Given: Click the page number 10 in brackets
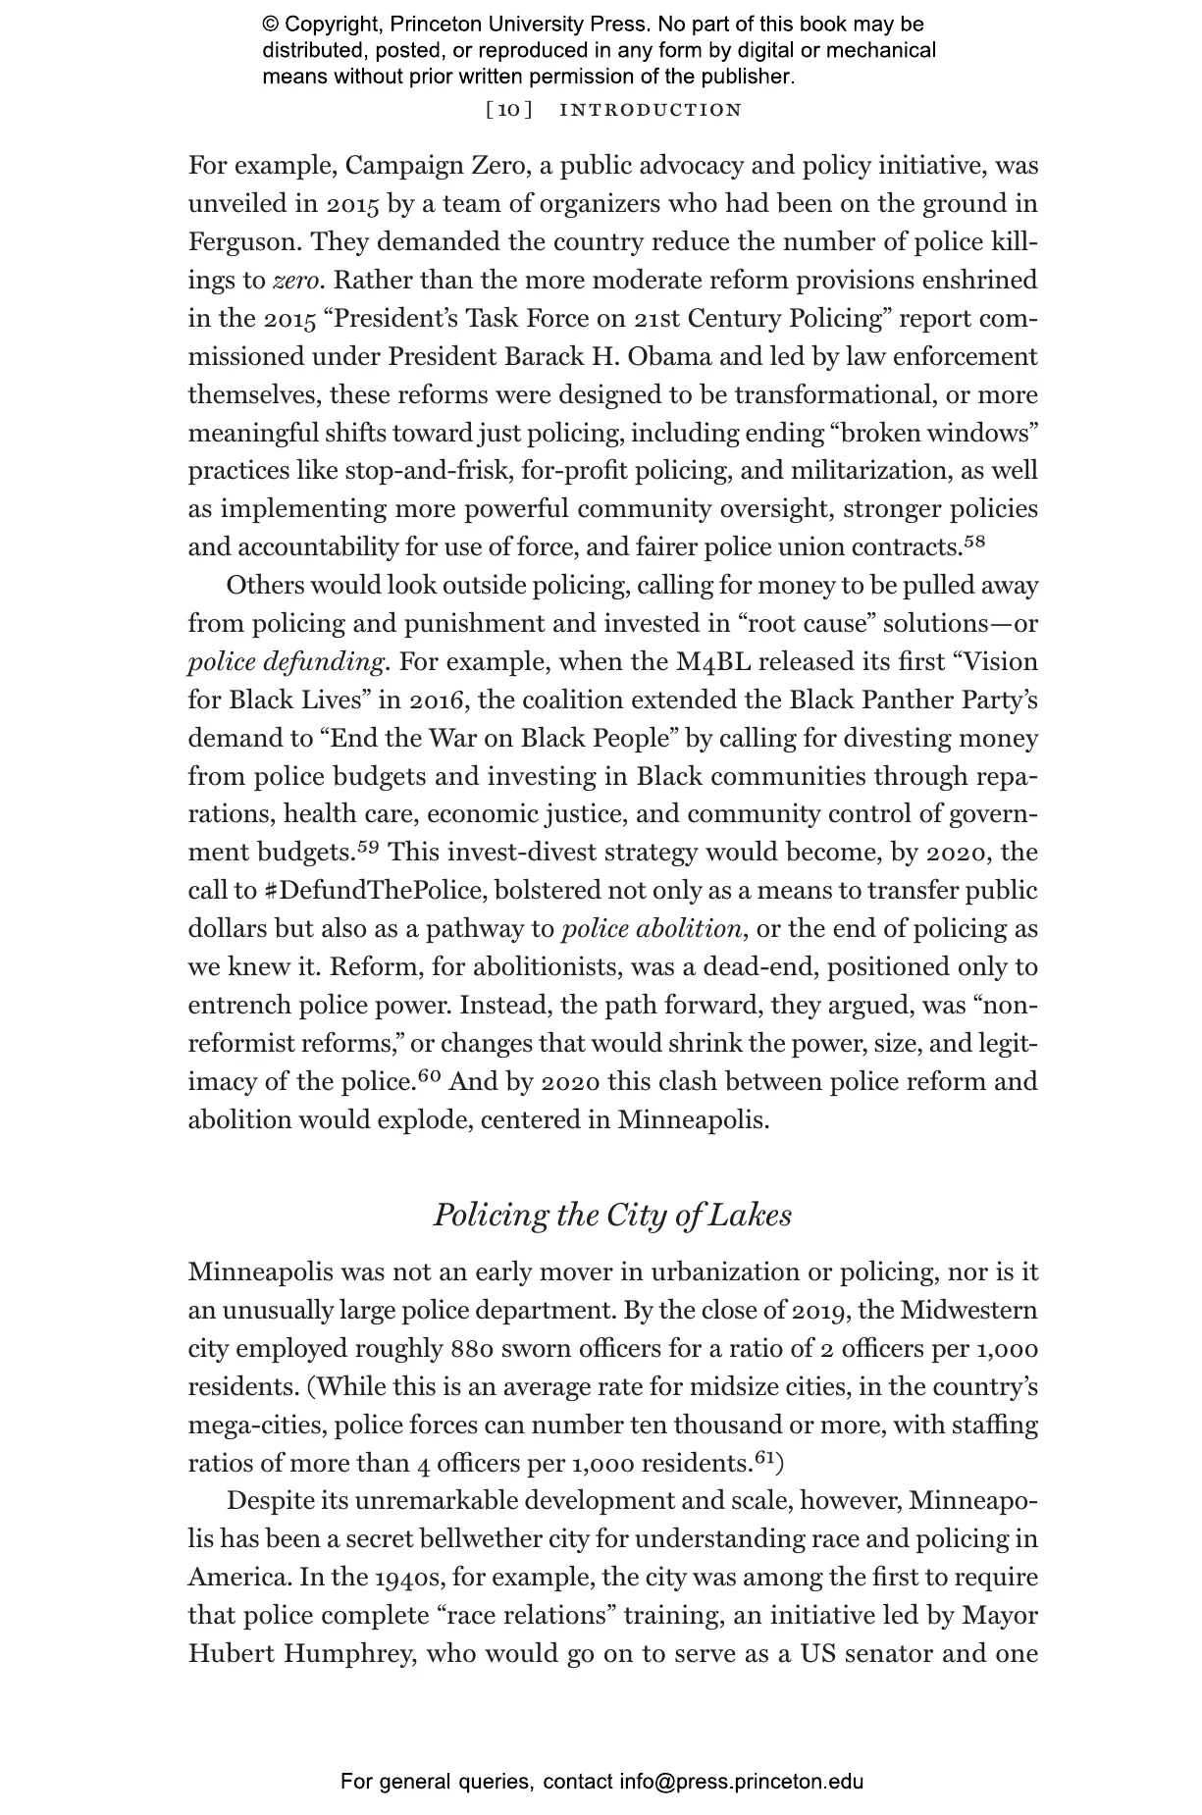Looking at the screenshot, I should (x=509, y=110).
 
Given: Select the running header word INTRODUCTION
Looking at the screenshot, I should (x=651, y=110).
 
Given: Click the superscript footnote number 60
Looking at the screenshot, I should (x=430, y=1076).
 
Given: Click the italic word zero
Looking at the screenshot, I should (x=295, y=281).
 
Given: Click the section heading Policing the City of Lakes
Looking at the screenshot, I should (x=612, y=1215).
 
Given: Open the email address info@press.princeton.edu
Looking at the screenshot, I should (x=741, y=1782).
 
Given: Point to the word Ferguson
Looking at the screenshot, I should (x=244, y=242).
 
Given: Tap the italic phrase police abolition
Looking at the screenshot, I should (x=651, y=929).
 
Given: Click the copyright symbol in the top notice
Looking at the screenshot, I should (x=271, y=25).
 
